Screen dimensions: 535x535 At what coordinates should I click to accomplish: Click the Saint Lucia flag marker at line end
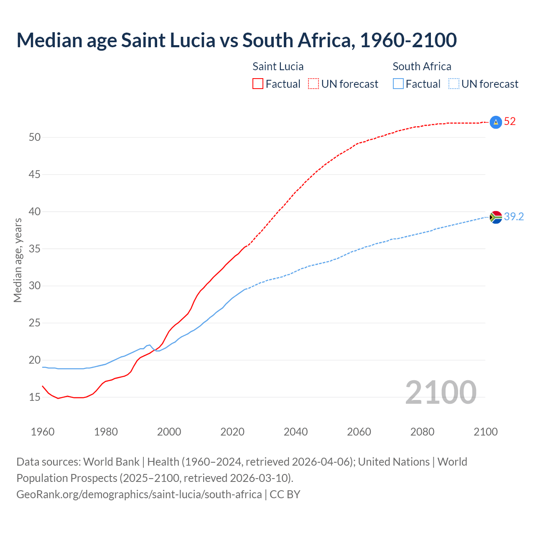click(496, 122)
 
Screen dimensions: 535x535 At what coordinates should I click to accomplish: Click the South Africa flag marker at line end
click(496, 217)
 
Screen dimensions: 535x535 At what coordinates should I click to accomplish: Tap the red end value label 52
click(510, 122)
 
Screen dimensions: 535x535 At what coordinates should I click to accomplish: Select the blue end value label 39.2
click(514, 217)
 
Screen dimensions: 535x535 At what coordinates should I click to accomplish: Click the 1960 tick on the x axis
click(43, 432)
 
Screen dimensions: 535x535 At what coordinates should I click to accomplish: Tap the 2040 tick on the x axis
click(296, 432)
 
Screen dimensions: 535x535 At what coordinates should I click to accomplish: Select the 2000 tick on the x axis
click(169, 432)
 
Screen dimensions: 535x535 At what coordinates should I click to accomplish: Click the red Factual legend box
click(258, 84)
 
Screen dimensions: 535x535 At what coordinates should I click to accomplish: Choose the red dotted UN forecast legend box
click(313, 84)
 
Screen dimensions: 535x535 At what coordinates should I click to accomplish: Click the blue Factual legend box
click(398, 84)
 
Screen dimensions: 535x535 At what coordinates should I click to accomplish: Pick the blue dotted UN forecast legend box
click(453, 84)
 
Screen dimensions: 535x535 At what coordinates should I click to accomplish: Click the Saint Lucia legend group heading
click(278, 66)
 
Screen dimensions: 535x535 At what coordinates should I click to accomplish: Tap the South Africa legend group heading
click(422, 66)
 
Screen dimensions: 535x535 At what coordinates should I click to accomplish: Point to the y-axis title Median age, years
click(18, 260)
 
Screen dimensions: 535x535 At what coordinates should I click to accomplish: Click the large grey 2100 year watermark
click(441, 392)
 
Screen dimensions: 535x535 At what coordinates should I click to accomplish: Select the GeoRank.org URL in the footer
click(139, 494)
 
